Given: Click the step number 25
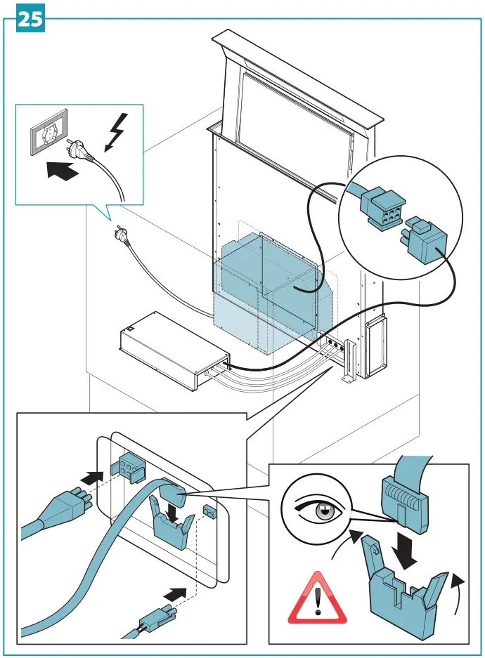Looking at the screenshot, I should click(29, 19).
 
